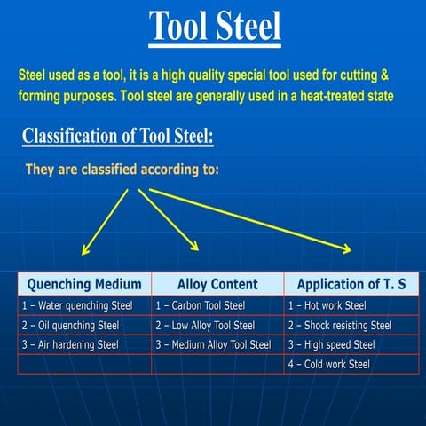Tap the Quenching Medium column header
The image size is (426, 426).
tap(84, 285)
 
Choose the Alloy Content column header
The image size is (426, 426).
tap(217, 285)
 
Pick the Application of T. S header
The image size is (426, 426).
tap(351, 285)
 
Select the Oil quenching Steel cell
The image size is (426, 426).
tap(70, 326)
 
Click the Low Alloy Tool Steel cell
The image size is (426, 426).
tap(205, 326)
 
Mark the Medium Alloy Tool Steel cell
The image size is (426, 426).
tap(213, 344)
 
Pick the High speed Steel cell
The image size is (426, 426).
tap(332, 344)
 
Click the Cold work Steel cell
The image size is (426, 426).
tap(329, 364)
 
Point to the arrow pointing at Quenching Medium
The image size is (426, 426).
tap(105, 222)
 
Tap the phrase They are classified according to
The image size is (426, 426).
tap(122, 170)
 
